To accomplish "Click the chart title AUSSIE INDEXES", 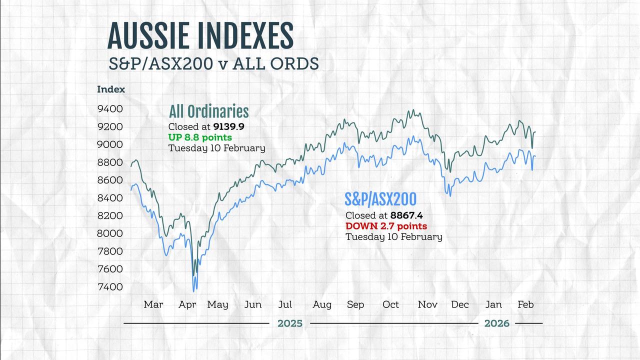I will [200, 36].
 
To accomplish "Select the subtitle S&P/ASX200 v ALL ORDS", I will [214, 64].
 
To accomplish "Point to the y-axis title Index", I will [111, 90].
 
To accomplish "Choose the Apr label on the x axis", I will [187, 304].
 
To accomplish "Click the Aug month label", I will [322, 304].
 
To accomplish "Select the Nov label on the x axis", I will [427, 304].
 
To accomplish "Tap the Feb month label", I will [525, 304].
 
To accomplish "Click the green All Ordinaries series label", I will [208, 111].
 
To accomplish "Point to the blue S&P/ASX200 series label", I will [380, 199].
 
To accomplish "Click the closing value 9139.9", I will [229, 127].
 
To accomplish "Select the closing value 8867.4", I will [406, 215].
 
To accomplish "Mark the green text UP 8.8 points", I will [200, 137].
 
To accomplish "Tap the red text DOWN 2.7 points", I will [386, 226].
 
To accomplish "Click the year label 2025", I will [290, 323].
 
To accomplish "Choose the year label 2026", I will [497, 323].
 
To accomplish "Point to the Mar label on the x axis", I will [153, 304].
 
